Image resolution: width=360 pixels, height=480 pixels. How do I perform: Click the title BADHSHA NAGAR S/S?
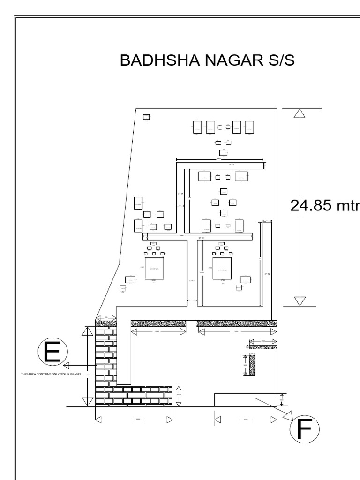pos(207,60)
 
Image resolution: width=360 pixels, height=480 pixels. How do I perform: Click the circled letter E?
pos(52,352)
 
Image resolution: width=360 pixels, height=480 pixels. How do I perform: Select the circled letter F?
pos(304,430)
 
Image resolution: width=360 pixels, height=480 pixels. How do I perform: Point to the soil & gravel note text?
pos(51,374)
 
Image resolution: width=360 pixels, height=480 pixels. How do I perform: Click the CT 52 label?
pos(267,274)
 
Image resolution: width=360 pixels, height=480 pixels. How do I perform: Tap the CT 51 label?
pos(191,280)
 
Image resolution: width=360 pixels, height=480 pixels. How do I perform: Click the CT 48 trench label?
pos(180,193)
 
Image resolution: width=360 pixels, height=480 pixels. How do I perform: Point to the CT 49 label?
pos(231,165)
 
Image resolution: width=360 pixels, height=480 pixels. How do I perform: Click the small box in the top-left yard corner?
pos(146,116)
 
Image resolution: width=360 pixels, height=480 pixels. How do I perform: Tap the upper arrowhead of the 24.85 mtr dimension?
pos(300,113)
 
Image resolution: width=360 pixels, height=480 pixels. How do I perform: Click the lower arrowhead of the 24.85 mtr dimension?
pos(300,301)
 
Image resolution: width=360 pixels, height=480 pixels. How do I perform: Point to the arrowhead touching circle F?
pos(288,415)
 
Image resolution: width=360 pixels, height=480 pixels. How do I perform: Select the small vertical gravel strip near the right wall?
pos(252,365)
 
